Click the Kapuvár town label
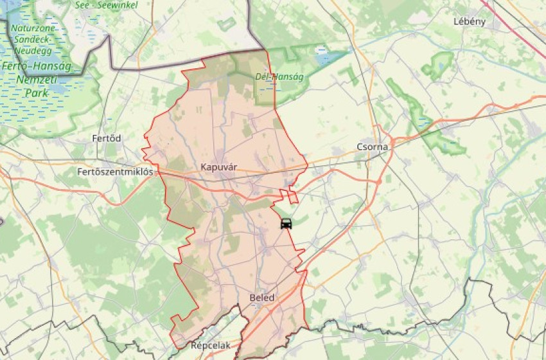pyautogui.click(x=219, y=167)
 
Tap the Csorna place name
pyautogui.click(x=373, y=147)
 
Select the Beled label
pyautogui.click(x=261, y=298)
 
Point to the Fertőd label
pyautogui.click(x=107, y=138)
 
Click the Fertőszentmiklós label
pyautogui.click(x=115, y=172)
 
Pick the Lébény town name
pyautogui.click(x=469, y=21)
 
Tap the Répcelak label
pyautogui.click(x=210, y=345)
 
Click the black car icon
pyautogui.click(x=286, y=224)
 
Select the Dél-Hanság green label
pyautogui.click(x=279, y=76)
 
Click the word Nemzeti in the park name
pyautogui.click(x=37, y=80)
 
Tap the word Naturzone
pyautogui.click(x=33, y=29)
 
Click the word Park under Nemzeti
pyautogui.click(x=37, y=93)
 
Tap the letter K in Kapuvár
pyautogui.click(x=204, y=167)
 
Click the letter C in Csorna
pyautogui.click(x=360, y=147)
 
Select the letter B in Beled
pyautogui.click(x=252, y=298)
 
